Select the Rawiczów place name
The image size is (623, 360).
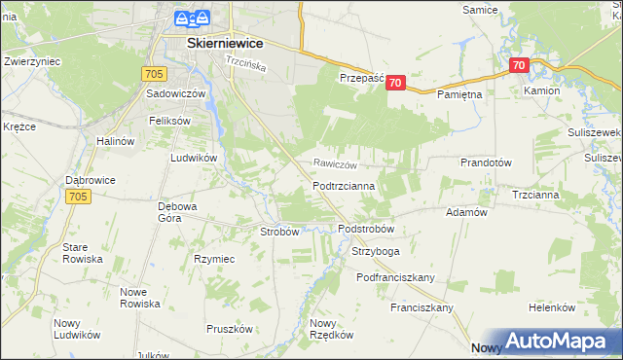(336, 164)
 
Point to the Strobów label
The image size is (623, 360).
(278, 232)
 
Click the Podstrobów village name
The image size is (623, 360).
(365, 229)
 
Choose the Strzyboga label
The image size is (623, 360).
(375, 251)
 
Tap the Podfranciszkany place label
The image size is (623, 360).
(395, 277)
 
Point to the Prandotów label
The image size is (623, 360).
(486, 162)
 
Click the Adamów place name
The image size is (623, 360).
(465, 211)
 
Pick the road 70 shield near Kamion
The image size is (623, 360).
(518, 66)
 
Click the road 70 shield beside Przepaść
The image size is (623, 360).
(394, 84)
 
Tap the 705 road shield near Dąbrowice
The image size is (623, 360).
(79, 197)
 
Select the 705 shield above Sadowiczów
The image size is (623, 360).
(152, 73)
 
